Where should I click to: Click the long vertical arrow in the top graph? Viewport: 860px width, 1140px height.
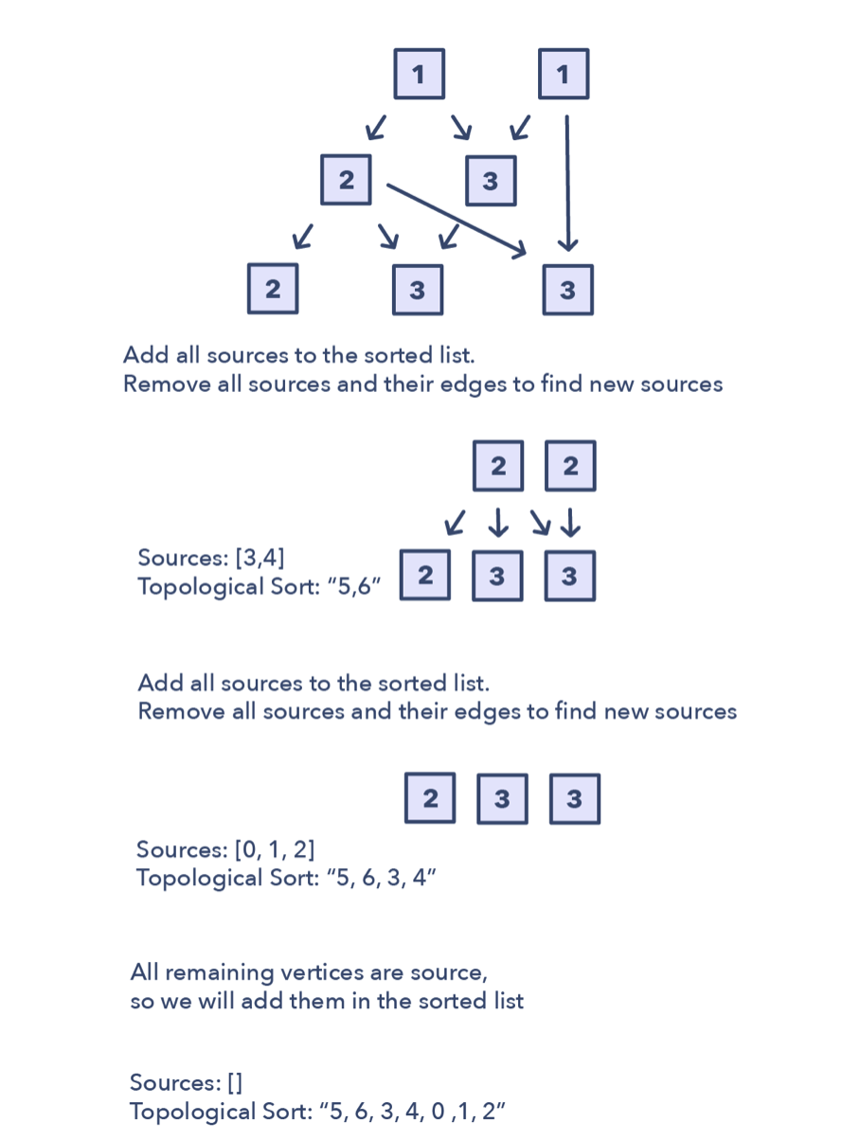click(567, 180)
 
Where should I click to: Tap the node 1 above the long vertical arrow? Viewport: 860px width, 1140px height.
click(564, 74)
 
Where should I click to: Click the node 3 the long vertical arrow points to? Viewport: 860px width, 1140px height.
click(567, 290)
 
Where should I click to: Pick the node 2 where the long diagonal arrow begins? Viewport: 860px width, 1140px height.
click(346, 180)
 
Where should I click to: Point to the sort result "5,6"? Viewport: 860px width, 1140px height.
click(355, 587)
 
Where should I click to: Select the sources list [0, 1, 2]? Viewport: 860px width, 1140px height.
click(275, 849)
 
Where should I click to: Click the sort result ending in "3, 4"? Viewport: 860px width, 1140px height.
click(381, 878)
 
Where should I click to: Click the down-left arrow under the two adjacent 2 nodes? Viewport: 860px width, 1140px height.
click(456, 522)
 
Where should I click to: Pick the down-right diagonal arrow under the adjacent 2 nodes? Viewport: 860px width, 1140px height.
click(539, 522)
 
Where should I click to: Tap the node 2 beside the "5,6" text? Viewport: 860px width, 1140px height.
click(425, 576)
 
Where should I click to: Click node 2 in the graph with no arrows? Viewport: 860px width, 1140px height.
click(430, 798)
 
